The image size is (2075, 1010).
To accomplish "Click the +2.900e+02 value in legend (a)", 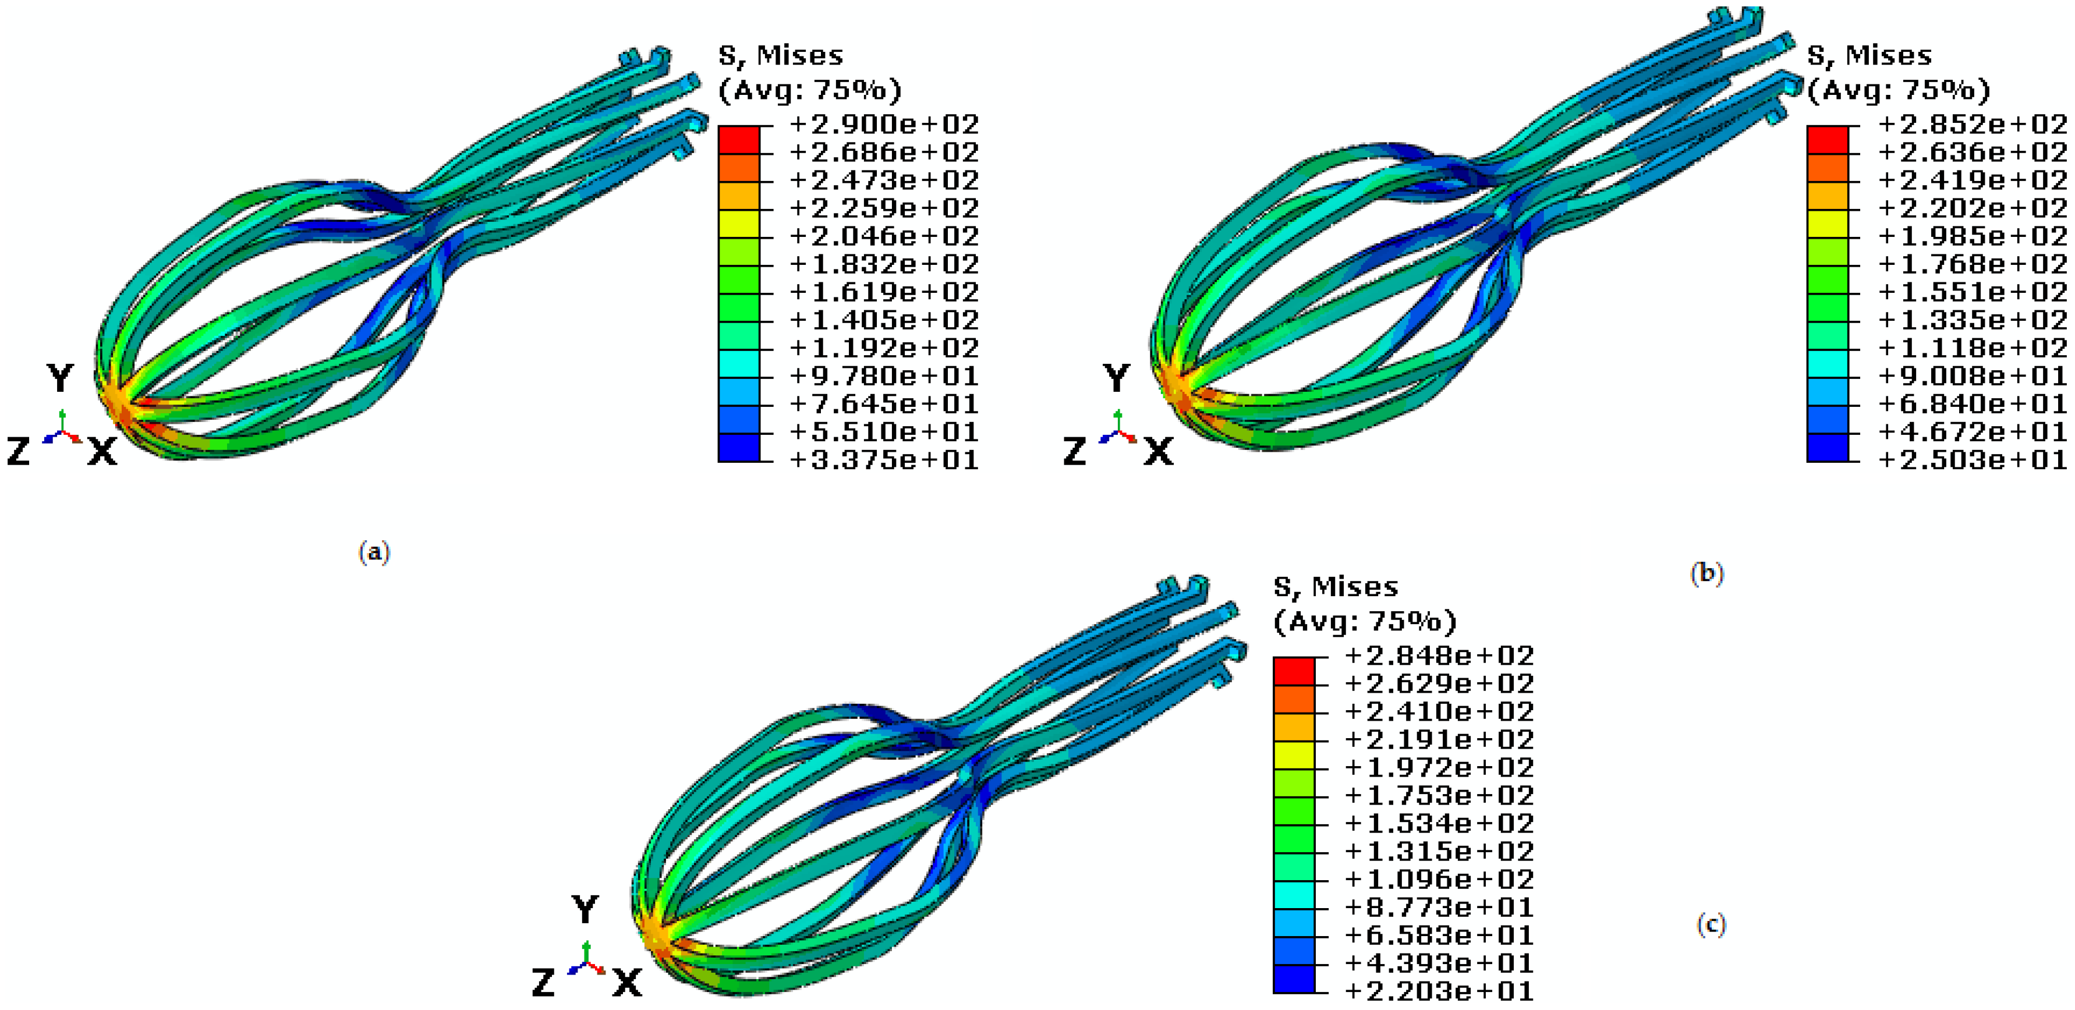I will (x=884, y=124).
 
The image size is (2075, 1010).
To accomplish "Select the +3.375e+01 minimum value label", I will (x=884, y=460).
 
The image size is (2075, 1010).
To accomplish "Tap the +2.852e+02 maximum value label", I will (x=1972, y=124).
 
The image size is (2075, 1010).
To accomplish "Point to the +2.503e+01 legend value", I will (x=1972, y=460).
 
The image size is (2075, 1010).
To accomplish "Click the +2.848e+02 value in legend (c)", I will (x=1439, y=655).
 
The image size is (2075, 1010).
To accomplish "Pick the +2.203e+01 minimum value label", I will (x=1439, y=991).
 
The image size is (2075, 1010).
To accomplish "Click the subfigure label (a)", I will (x=374, y=552).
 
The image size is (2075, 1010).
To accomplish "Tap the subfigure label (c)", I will (x=1711, y=924).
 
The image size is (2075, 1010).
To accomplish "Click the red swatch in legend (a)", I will (x=739, y=140).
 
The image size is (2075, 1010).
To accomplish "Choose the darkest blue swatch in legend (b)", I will (x=1827, y=448).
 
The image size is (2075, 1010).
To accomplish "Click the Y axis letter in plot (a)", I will (x=61, y=378).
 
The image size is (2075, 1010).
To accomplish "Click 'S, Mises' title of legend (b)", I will (x=1869, y=55).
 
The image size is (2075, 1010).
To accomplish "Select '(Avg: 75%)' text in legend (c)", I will (x=1365, y=621).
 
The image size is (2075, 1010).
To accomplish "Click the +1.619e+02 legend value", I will (x=884, y=292).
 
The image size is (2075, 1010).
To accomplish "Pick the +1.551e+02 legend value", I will (x=1972, y=292).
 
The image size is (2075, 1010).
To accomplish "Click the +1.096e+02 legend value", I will (x=1439, y=878).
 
